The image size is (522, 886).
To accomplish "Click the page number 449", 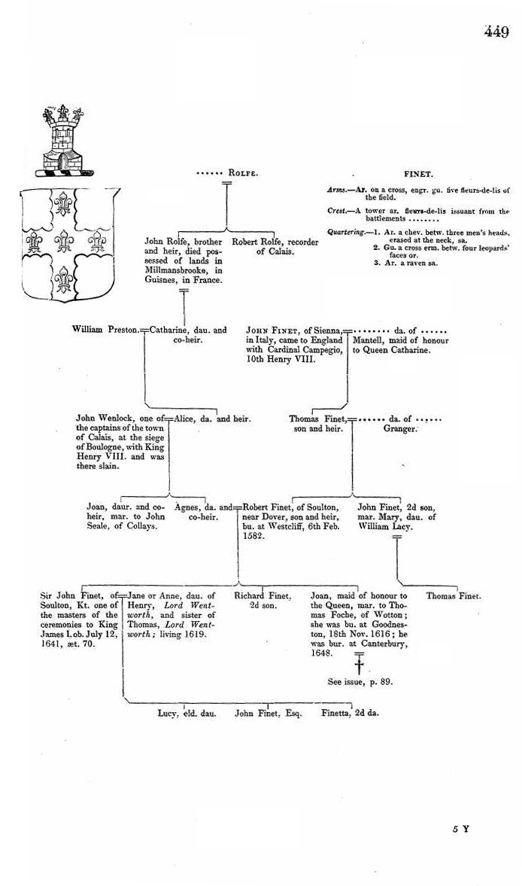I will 496,32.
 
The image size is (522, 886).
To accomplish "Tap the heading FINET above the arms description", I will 418,173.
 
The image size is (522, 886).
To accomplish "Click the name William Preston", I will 105,330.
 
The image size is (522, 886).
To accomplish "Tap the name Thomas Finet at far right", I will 454,596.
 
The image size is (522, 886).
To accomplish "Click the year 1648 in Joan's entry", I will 323,654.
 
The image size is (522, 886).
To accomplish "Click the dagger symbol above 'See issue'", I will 359,666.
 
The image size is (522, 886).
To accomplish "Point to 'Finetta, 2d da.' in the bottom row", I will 350,712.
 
